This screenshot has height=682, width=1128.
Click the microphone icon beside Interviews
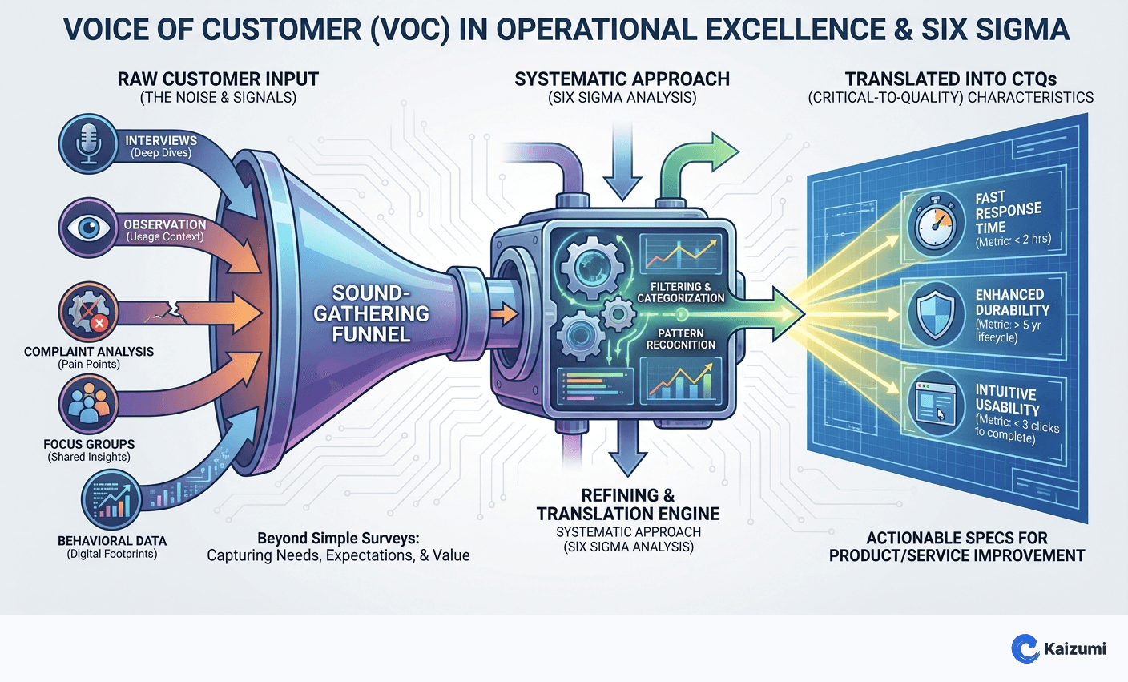coord(87,145)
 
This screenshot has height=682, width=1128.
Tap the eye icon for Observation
coord(87,228)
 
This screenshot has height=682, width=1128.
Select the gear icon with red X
coord(88,313)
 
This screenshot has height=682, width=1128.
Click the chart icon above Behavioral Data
coord(111,500)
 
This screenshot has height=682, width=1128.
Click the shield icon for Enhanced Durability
coord(936,312)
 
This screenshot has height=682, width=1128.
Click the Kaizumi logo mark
coord(1025,648)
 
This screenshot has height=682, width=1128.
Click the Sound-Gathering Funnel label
coord(371,313)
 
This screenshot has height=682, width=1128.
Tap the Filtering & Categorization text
coord(680,292)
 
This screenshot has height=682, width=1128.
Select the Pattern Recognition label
coord(680,339)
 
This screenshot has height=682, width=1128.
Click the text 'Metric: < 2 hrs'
coord(1013,240)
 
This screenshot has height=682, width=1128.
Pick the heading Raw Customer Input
coord(218,79)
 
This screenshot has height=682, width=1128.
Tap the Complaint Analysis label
coord(89,351)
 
